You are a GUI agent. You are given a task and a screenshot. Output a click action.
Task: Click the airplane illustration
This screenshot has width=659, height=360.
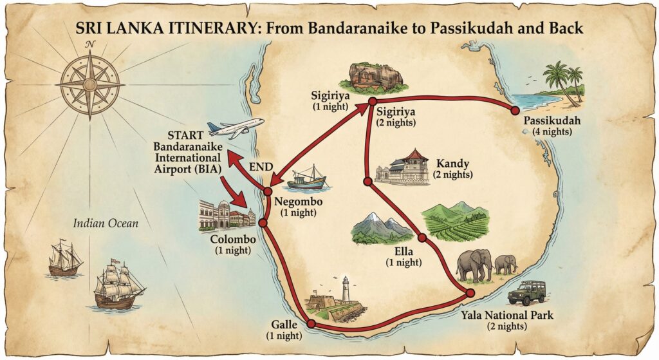[235, 128]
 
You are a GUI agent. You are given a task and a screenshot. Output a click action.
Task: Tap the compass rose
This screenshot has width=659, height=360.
[90, 84]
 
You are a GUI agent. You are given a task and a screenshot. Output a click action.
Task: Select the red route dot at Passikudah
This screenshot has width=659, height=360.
[515, 111]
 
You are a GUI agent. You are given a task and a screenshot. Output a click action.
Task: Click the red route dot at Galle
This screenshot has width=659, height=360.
[311, 324]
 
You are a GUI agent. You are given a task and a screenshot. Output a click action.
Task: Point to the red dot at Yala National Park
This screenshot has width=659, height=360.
[470, 293]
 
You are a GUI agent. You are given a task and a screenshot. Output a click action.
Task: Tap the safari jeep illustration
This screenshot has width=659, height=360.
[526, 293]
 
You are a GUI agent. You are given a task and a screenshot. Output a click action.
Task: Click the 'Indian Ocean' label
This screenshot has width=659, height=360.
[106, 223]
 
